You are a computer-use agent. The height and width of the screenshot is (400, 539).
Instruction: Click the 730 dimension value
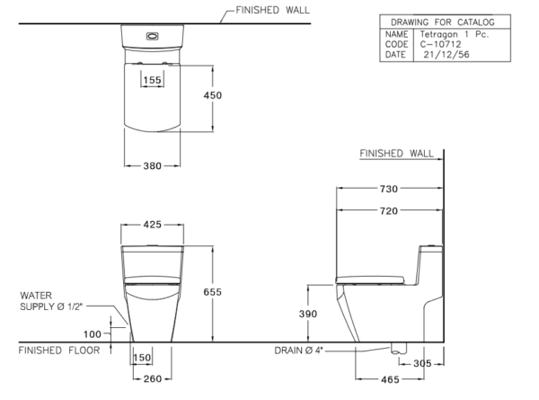pyautogui.click(x=389, y=189)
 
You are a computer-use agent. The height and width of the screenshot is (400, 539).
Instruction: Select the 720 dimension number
pyautogui.click(x=389, y=211)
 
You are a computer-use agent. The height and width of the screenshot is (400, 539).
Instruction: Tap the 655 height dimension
pyautogui.click(x=212, y=292)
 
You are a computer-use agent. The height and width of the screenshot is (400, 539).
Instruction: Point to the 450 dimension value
pyautogui.click(x=212, y=95)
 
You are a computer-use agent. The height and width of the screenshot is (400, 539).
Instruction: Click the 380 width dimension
pyautogui.click(x=153, y=166)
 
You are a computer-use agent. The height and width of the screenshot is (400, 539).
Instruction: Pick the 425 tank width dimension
pyautogui.click(x=153, y=225)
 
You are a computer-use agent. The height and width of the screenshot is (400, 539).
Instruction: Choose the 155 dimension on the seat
pyautogui.click(x=153, y=80)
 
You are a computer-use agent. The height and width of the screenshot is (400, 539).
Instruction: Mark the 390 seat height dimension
pyautogui.click(x=308, y=314)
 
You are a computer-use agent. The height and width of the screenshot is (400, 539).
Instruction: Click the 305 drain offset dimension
pyautogui.click(x=422, y=363)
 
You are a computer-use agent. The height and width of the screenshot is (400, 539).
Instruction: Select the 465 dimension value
pyautogui.click(x=390, y=379)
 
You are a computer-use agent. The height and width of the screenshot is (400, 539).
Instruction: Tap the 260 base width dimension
pyautogui.click(x=153, y=379)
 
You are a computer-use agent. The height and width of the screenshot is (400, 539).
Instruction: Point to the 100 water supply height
pyautogui.click(x=93, y=334)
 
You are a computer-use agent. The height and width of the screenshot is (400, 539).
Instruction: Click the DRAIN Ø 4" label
pyautogui.click(x=299, y=351)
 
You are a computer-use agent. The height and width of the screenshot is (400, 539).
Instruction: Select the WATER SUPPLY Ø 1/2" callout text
pyautogui.click(x=51, y=301)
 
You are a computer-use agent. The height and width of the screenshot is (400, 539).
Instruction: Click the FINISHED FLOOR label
pyautogui.click(x=59, y=351)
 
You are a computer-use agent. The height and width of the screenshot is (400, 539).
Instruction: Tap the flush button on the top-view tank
pyautogui.click(x=153, y=36)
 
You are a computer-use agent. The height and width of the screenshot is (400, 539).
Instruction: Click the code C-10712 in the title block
pyautogui.click(x=440, y=44)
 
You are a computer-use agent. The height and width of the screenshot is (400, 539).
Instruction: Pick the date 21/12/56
pyautogui.click(x=446, y=54)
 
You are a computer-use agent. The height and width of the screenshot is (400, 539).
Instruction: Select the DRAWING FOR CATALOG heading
pyautogui.click(x=443, y=22)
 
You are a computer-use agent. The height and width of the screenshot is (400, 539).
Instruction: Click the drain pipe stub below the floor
pyautogui.click(x=399, y=348)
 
